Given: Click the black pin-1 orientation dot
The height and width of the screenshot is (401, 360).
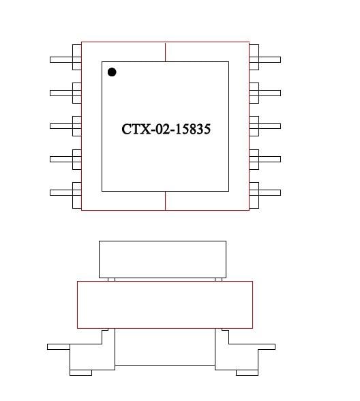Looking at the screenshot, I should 112,72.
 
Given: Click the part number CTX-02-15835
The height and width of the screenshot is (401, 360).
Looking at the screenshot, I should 166,129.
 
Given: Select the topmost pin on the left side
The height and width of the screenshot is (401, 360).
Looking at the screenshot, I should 65,59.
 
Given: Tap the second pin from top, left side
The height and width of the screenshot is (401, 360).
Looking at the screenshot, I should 65,93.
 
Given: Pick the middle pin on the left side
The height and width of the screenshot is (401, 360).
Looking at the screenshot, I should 65,125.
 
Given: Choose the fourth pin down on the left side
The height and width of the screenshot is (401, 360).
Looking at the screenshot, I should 65,159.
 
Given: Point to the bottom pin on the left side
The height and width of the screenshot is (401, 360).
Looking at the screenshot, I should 65,192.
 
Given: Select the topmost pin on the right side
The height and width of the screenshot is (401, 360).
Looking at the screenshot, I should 265,59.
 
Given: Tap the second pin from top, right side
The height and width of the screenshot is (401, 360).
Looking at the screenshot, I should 265,93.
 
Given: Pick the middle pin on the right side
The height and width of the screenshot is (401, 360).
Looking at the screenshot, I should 265,125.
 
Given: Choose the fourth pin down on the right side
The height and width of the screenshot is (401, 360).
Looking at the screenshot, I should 265,159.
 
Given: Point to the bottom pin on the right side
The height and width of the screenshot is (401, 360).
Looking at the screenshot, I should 265,192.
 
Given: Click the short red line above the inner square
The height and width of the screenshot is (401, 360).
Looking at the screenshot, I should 166,52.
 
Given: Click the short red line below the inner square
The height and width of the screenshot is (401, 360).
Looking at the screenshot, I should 166,200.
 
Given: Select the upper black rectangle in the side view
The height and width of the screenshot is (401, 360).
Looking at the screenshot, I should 162,258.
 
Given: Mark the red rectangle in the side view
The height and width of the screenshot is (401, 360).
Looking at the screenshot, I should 165,304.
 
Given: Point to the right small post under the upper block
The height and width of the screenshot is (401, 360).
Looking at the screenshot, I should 218,279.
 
